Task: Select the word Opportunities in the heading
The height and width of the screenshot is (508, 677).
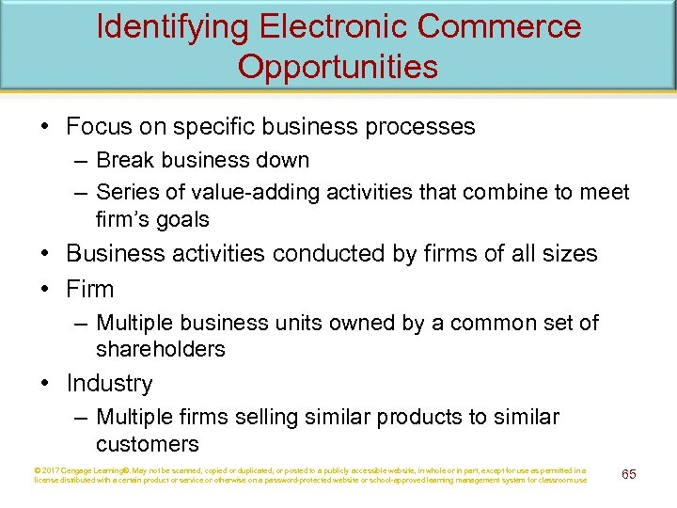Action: click(x=338, y=66)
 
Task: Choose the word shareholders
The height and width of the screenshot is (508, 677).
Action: click(x=161, y=349)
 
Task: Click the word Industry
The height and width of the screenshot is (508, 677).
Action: click(x=109, y=384)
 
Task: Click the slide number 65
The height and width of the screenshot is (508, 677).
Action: click(x=629, y=474)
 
